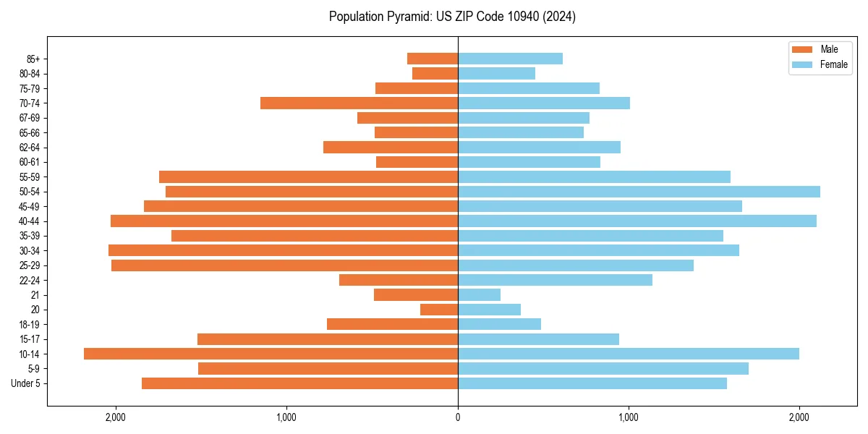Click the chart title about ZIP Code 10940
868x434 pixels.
(452, 17)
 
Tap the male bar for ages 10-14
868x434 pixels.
(271, 354)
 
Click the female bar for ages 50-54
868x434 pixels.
(639, 192)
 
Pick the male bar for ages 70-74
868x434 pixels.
(359, 103)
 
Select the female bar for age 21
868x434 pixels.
(479, 295)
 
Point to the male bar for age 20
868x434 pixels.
(439, 310)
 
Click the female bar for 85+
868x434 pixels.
(510, 59)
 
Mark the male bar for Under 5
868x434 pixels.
(299, 383)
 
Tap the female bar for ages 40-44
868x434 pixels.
(637, 221)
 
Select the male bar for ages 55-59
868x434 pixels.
(308, 177)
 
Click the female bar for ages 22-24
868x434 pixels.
(555, 280)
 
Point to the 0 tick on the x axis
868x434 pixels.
(458, 417)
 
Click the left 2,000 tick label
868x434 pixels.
(116, 417)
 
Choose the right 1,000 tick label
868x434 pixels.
(629, 417)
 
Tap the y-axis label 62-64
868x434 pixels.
(30, 148)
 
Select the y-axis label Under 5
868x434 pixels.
(26, 383)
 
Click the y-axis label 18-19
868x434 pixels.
(30, 324)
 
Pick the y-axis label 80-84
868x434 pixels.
(30, 74)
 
